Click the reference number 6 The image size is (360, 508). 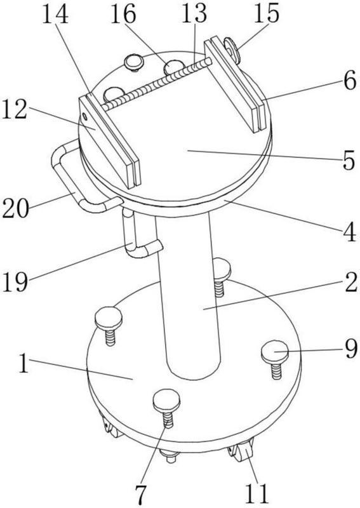coord(350,81)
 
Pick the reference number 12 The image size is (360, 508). coord(13,109)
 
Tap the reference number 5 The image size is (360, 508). coord(349,161)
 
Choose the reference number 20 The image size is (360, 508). coord(15,208)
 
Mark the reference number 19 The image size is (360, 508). coord(15,282)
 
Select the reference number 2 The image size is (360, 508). coord(350,282)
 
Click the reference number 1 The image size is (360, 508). coord(23,363)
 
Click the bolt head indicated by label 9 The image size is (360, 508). coord(275,352)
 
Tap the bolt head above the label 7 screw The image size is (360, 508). coord(166,400)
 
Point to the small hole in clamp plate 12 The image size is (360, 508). coord(85,116)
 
